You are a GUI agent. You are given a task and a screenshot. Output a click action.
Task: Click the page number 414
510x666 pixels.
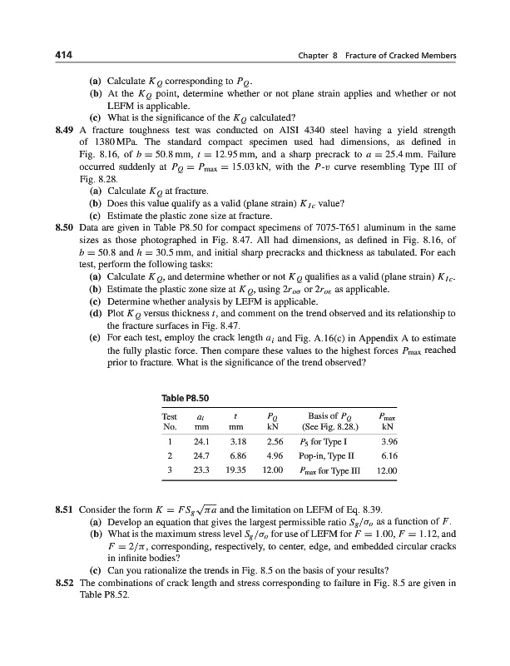pos(57,55)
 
